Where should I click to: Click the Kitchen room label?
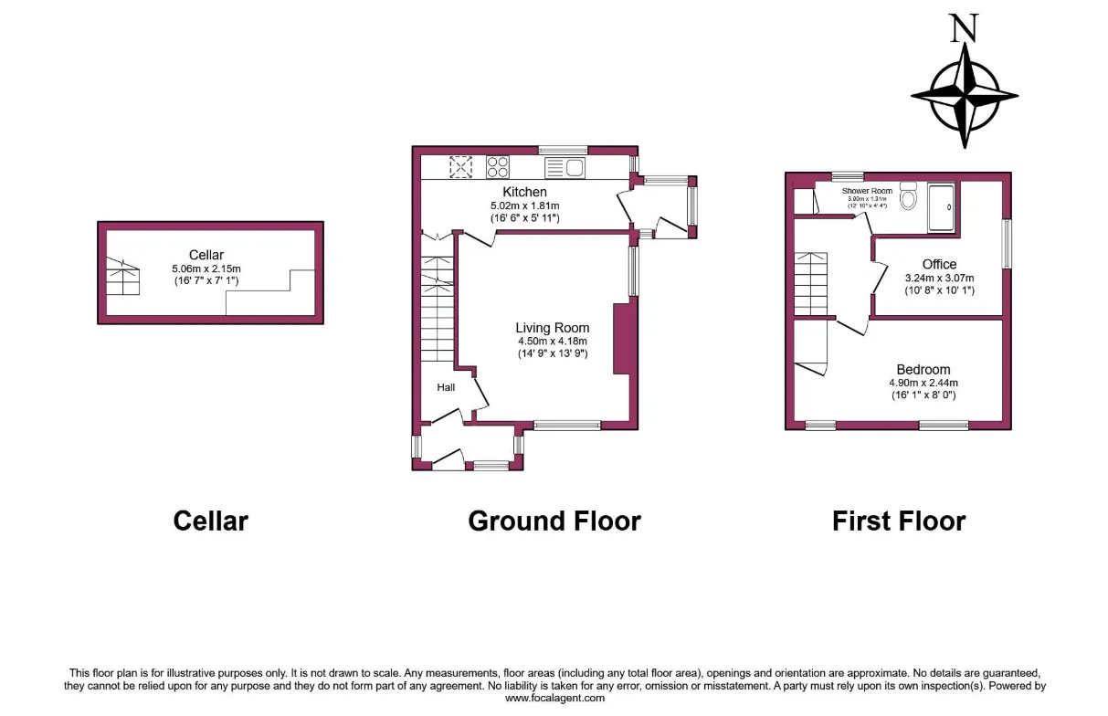coord(524,192)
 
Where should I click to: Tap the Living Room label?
coord(552,328)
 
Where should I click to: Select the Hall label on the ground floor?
coord(446,387)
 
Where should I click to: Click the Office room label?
coord(939,265)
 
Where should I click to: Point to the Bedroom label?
coord(923,370)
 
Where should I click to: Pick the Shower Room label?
coord(867,191)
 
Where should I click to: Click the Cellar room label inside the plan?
coord(206,255)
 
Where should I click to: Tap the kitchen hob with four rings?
coord(498,167)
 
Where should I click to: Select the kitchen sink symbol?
coord(565,167)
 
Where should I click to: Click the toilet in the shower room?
coord(908,197)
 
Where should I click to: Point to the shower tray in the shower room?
coord(941,206)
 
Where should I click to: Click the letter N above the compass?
coord(963,28)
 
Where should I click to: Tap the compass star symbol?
coord(964,95)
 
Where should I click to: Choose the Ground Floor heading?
coord(554,521)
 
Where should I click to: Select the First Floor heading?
coord(898,521)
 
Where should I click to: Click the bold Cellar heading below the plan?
coord(210,521)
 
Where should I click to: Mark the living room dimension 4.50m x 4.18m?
coord(552,342)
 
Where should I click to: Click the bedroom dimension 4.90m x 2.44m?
coord(923,384)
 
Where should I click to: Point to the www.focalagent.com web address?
coord(555,698)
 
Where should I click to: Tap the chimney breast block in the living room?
coord(623,339)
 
